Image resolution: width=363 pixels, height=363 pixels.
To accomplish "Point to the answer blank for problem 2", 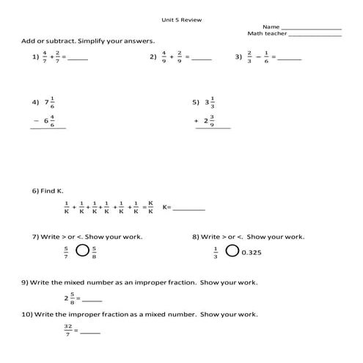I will click(x=201, y=58).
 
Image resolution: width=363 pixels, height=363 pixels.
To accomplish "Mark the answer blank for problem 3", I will click(x=290, y=58).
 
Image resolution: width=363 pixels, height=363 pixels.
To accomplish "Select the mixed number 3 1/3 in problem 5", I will click(x=210, y=103).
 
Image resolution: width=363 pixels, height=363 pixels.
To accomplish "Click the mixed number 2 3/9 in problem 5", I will click(x=210, y=120).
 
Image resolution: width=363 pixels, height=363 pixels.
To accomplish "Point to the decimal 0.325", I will click(x=252, y=253).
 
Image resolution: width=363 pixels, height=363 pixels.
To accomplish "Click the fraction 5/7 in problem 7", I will click(x=66, y=252).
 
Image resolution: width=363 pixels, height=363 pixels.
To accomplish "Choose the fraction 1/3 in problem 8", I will click(x=216, y=252).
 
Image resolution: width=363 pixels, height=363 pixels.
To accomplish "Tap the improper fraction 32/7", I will click(x=68, y=329).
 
